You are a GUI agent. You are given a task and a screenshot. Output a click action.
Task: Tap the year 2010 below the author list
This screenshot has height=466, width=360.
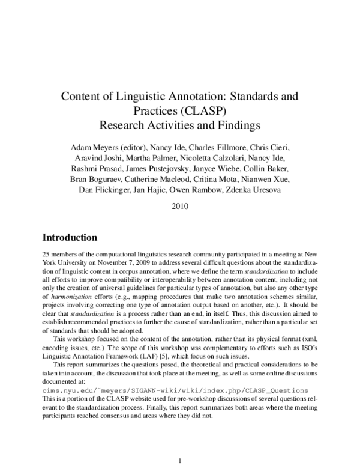click(180, 205)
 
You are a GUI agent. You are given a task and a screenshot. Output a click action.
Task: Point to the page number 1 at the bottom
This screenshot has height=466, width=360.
click(180, 461)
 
